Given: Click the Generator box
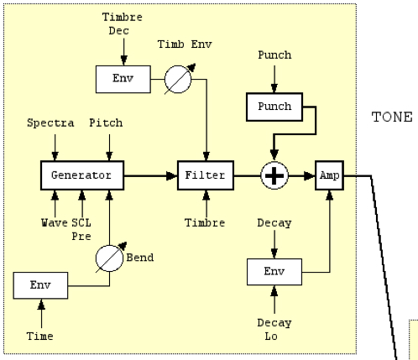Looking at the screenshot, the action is point(82,175).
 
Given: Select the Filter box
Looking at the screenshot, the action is point(206,175).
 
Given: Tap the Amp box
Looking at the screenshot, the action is point(329,175).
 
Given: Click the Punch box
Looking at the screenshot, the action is point(274,107).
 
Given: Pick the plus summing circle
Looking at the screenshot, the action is point(274,175).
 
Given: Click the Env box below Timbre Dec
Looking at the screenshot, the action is point(123,79).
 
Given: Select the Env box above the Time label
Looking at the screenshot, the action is point(40,285).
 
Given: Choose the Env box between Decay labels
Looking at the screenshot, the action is point(274,272).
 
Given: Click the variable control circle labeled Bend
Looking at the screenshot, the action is point(109,258).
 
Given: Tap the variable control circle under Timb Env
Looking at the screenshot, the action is point(178,80).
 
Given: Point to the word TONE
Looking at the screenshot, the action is point(392,117).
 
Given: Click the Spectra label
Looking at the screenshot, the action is point(50,123).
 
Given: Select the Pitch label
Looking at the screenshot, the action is point(106,123).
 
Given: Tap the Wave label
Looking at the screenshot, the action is point(55,223).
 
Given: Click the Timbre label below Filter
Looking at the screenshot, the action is point(205,223).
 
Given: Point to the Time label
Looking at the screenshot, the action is point(40,336).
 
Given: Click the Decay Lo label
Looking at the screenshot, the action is point(274,330).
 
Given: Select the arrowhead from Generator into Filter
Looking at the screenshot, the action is point(171,176).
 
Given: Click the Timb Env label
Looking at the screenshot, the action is point(185,44).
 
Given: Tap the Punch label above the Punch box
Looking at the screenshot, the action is point(274,55).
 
